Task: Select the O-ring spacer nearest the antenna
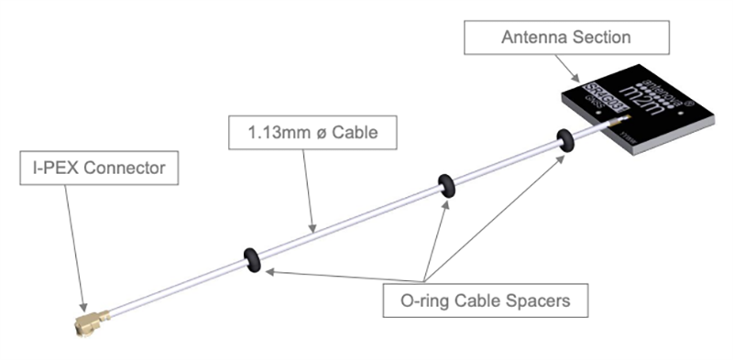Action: [565, 140]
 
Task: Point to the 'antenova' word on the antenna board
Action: [662, 90]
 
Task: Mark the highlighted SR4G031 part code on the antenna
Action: [603, 96]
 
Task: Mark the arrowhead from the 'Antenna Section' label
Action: [575, 80]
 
